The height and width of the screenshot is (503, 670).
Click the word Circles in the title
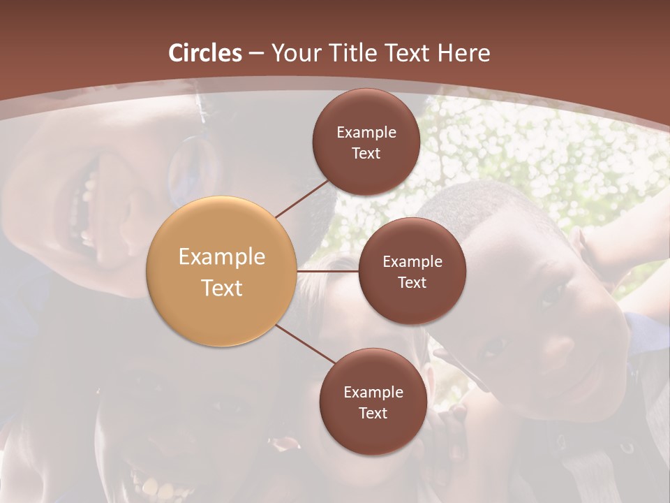pos(205,53)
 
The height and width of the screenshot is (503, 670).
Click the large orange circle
pos(222,271)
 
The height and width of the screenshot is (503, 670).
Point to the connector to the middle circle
pos(328,271)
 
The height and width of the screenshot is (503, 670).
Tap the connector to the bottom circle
pos(305,344)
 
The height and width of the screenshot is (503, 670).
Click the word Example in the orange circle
pos(222,257)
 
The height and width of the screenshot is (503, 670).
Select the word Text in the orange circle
pos(222,288)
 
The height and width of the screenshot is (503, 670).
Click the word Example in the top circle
pos(366,133)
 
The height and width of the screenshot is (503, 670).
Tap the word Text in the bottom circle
pos(373,414)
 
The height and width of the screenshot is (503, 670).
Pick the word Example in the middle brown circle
pos(412,262)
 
